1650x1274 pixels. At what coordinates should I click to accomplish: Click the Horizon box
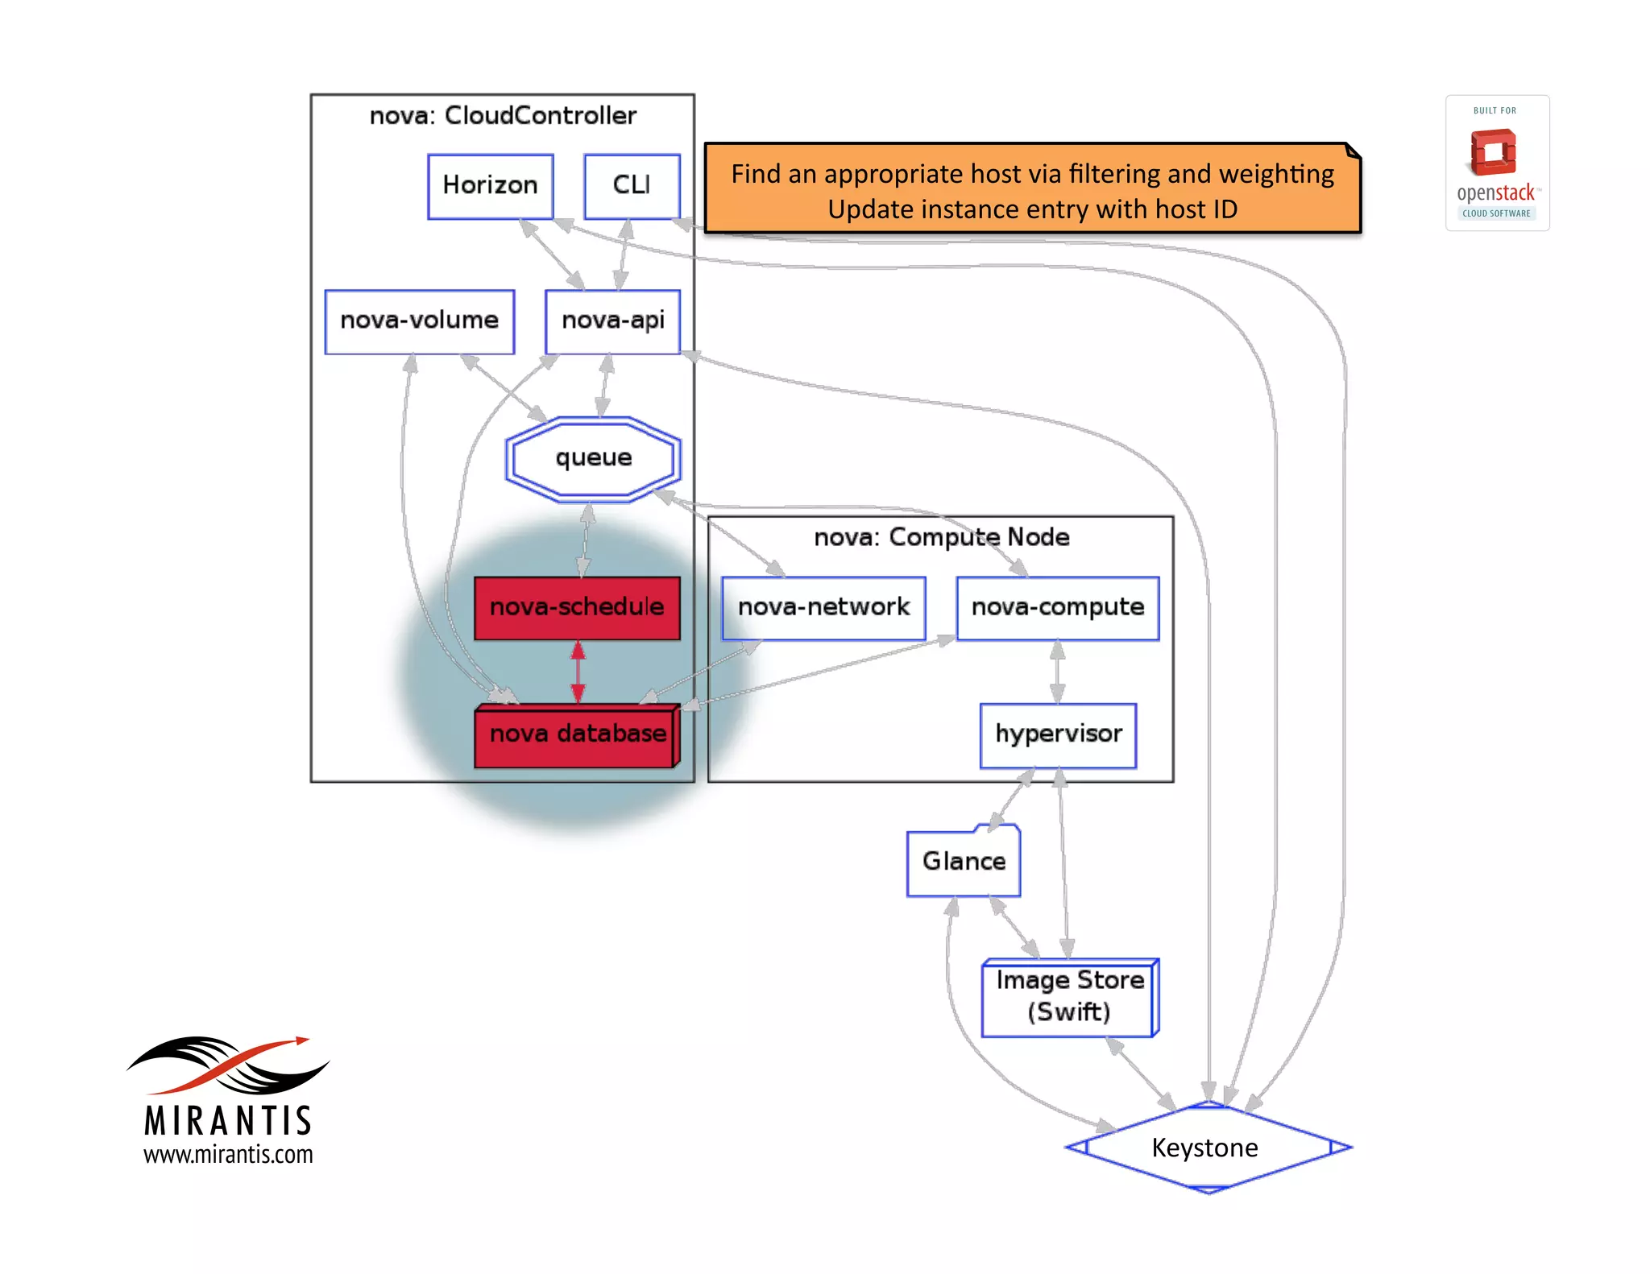490,186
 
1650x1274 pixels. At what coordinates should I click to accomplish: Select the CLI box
632,186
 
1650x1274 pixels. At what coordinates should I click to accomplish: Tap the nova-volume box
419,321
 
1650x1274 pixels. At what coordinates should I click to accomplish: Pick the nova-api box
612,321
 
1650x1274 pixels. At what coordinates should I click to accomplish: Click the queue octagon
593,458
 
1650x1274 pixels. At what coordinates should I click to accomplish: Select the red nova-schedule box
577,608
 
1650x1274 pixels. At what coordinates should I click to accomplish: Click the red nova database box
577,734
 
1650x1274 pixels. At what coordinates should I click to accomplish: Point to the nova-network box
823,608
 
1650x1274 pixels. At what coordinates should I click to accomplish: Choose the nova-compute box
1057,608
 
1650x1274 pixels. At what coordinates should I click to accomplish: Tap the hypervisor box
1058,734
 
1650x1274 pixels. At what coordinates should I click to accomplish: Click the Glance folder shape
964,862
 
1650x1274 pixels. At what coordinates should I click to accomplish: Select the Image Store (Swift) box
1069,997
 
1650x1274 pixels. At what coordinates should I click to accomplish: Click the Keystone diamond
1206,1148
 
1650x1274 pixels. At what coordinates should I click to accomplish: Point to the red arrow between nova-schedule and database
578,672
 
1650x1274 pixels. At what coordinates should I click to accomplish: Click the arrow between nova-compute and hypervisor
1057,672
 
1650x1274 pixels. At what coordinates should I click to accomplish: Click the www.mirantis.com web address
228,1154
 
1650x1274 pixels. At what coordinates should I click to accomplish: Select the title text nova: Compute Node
941,537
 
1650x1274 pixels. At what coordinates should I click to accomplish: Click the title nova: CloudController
503,116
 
